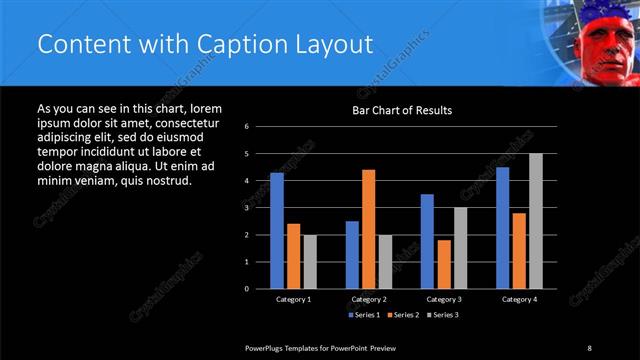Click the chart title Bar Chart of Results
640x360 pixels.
pos(401,110)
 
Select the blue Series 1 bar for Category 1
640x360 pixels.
pos(277,230)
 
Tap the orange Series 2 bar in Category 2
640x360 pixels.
pos(369,228)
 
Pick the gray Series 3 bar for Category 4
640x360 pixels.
pos(536,220)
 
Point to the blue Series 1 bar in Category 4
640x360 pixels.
pos(502,227)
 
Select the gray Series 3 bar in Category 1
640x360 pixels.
pos(310,261)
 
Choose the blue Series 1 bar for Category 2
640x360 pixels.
pos(352,254)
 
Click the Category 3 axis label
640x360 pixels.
pos(444,299)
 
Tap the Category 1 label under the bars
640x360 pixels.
pos(293,299)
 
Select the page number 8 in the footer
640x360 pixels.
pos(590,347)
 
